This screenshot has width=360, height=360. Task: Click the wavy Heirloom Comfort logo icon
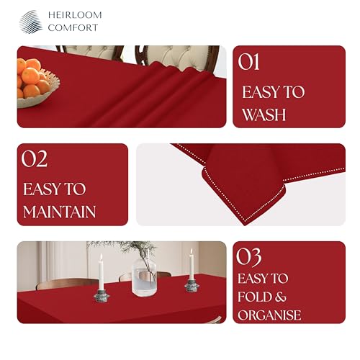tap(31, 22)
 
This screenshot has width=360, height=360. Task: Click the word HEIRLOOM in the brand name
tap(75, 15)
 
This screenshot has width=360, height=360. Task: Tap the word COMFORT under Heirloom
tap(73, 27)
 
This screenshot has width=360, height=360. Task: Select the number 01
tap(248, 62)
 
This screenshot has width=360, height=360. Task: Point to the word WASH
tap(264, 114)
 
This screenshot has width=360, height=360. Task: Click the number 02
tap(35, 159)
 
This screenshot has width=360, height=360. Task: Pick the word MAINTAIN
tap(59, 212)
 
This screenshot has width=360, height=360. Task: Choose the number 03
tap(249, 257)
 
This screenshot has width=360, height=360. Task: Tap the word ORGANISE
tap(269, 315)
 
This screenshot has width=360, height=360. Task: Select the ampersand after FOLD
tap(281, 297)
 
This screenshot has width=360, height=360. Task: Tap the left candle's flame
tap(102, 257)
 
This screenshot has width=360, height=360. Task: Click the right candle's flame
tap(192, 251)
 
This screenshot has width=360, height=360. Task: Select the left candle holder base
tap(102, 296)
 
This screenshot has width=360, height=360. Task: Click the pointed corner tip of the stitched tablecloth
tap(245, 225)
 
